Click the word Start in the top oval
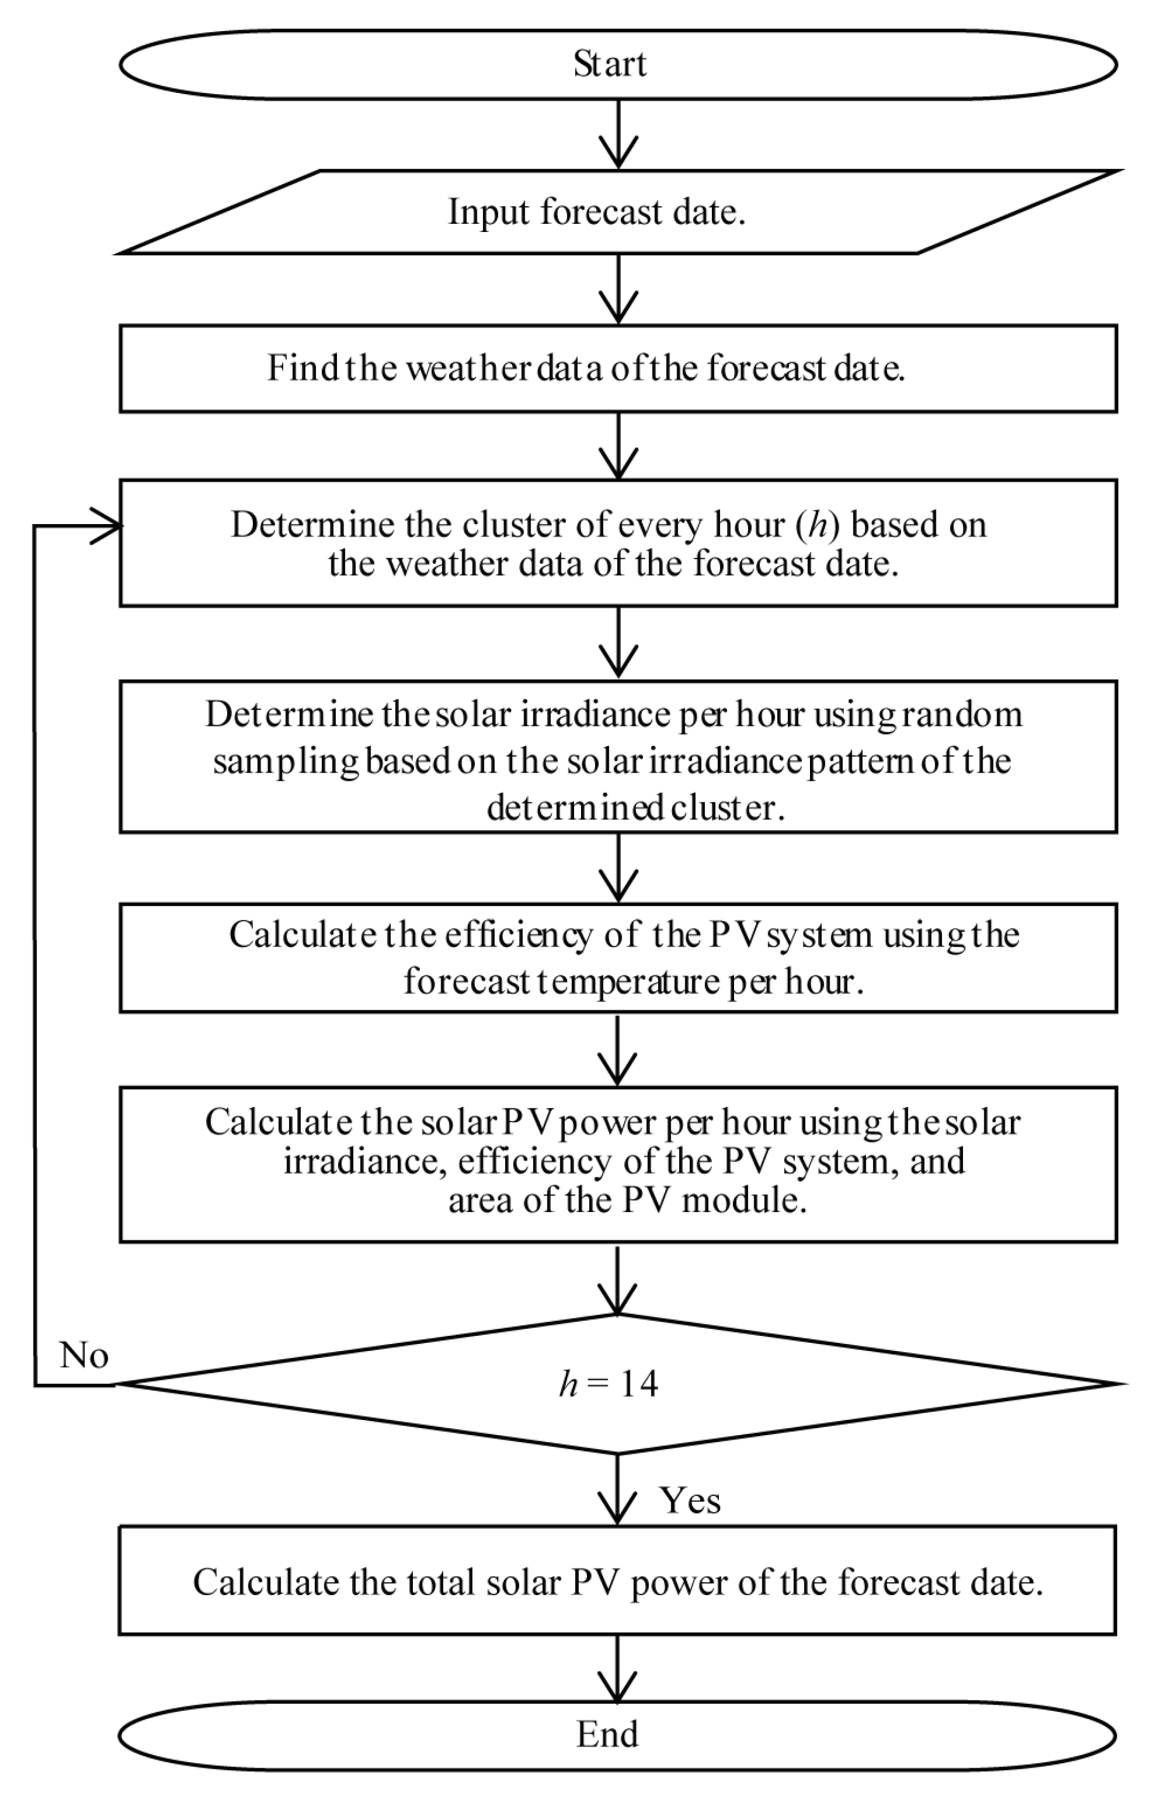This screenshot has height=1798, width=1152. pos(610,64)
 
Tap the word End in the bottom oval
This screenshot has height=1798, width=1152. pos(608,1734)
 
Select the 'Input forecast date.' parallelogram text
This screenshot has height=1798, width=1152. pos(596,212)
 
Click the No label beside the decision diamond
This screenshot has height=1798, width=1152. pos(84,1355)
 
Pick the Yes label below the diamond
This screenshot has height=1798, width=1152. pos(690,1500)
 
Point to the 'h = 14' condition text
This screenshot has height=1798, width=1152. pos(609,1385)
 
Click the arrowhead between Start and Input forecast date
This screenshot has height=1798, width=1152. pos(618,154)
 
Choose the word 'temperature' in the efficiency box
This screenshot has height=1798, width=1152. pos(629,981)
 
